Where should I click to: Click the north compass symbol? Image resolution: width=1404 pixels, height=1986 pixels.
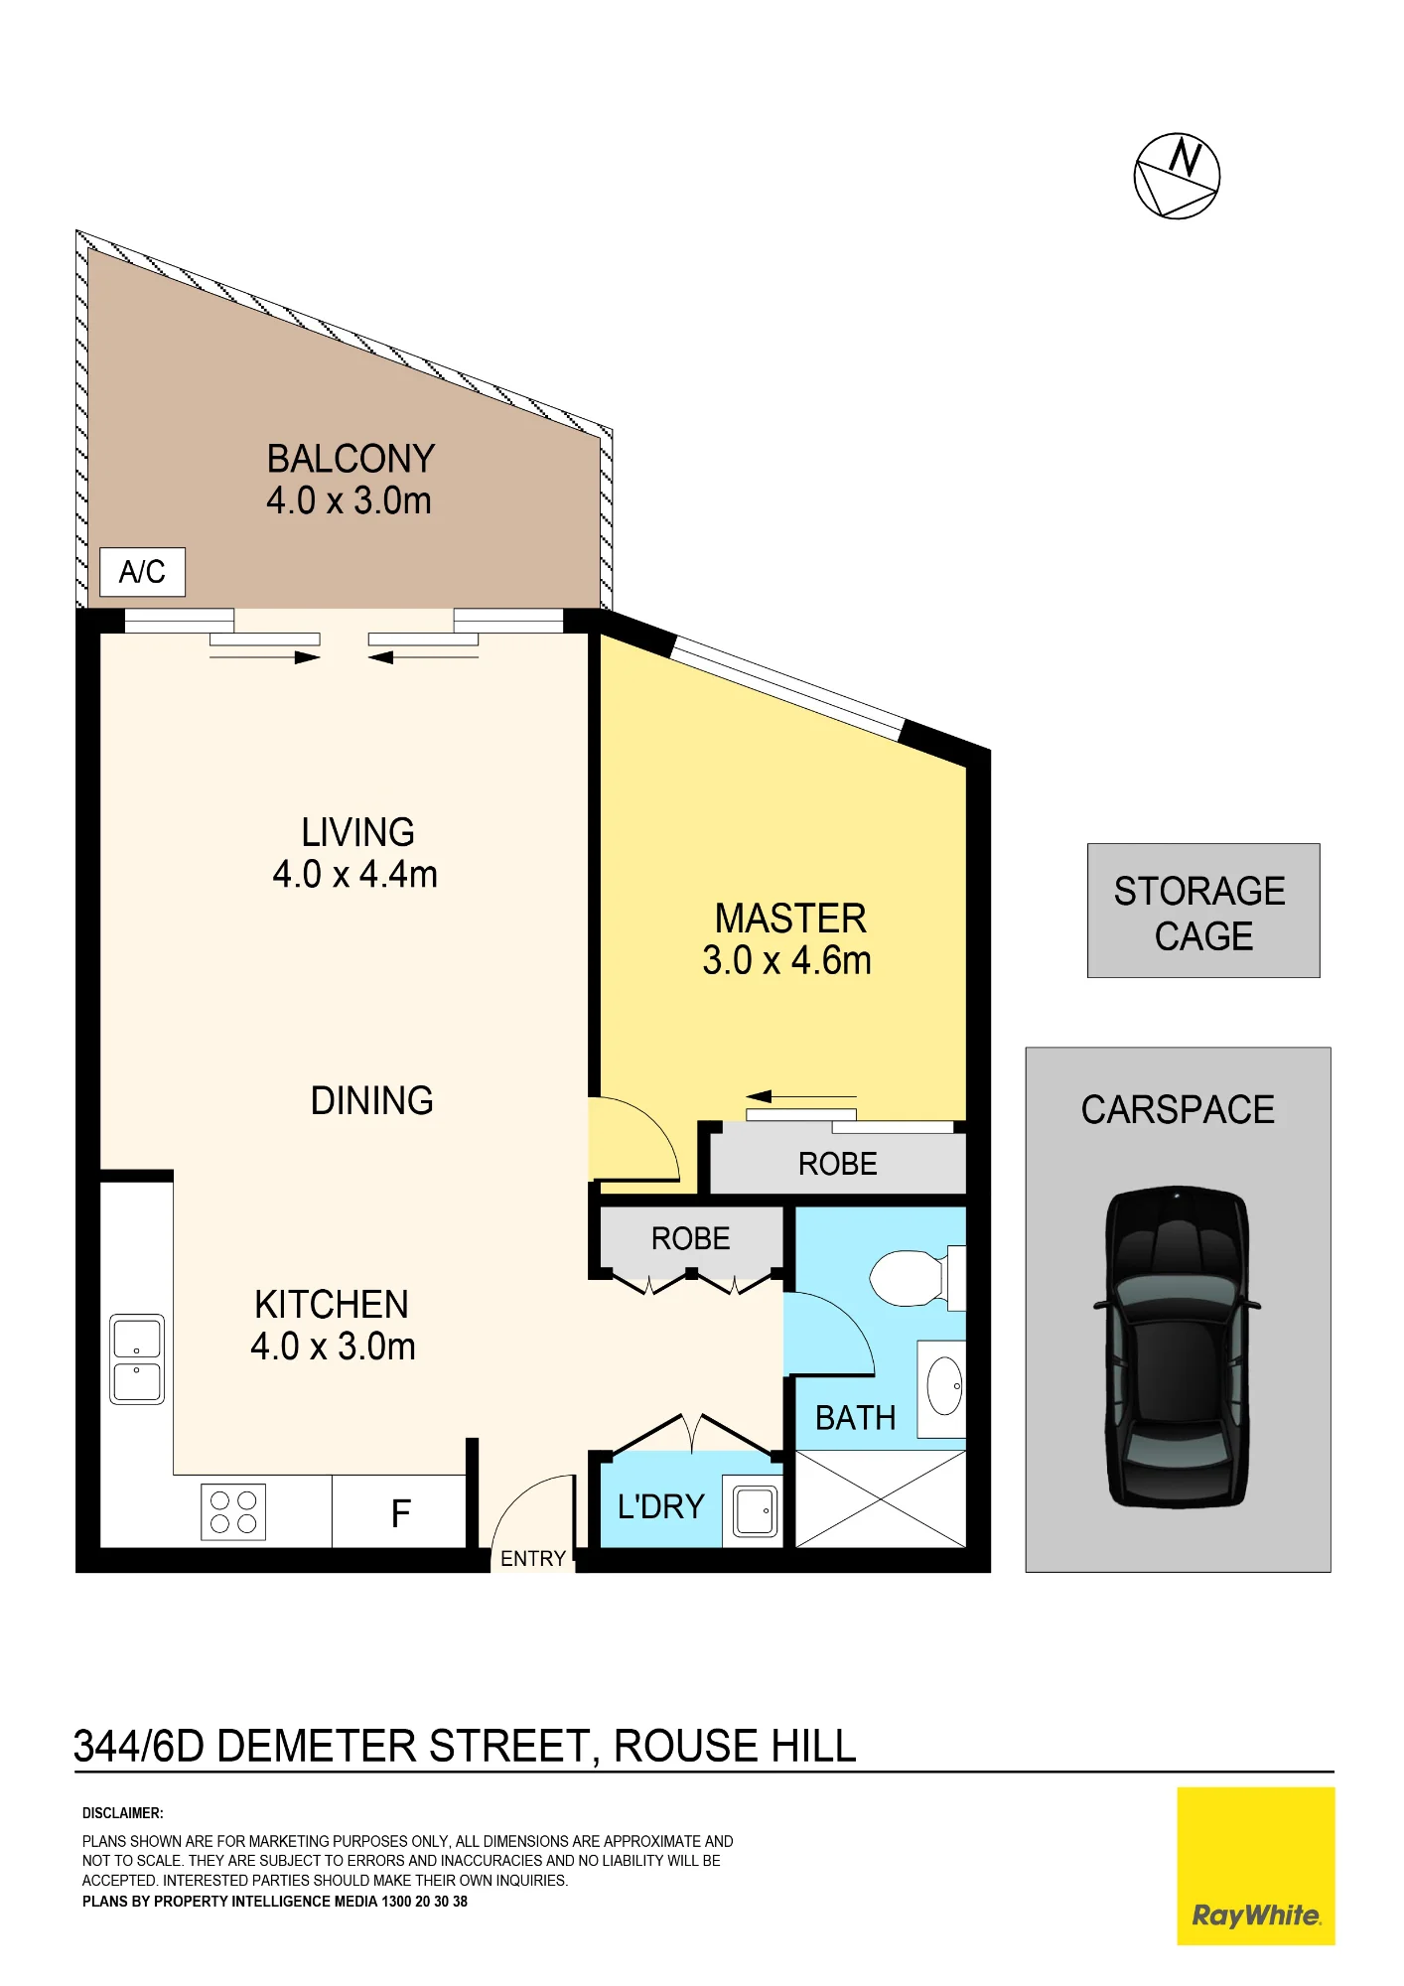point(1177,176)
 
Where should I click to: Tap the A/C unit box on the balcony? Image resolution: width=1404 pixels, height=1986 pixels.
point(142,572)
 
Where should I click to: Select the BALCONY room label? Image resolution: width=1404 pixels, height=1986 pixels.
point(351,459)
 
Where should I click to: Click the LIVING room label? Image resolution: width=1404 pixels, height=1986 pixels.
point(358,832)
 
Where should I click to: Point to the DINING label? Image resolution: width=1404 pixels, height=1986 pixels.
point(372,1100)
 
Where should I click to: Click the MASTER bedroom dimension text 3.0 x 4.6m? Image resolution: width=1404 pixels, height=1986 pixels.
point(787,960)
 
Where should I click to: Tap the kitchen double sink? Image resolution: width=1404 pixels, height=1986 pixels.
point(137,1358)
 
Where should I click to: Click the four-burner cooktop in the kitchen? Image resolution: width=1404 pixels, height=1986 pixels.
point(233,1511)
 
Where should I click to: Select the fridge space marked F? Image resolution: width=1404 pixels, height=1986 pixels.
point(399,1511)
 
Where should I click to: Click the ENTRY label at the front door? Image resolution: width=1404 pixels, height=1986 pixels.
point(533,1559)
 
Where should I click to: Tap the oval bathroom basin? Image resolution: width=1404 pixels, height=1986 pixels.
point(944,1385)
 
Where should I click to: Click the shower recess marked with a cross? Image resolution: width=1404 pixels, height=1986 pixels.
point(881,1498)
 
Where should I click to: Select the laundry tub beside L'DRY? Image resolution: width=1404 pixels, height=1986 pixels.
point(756,1511)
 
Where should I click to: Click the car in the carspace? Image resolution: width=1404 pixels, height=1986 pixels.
point(1177,1348)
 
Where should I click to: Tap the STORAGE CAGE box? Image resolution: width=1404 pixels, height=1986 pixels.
point(1203,911)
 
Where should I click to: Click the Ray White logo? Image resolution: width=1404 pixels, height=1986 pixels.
point(1256,1866)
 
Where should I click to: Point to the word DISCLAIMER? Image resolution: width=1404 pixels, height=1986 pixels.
point(123,1813)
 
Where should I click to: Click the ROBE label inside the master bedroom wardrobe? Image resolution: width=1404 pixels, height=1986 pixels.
point(838,1164)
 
